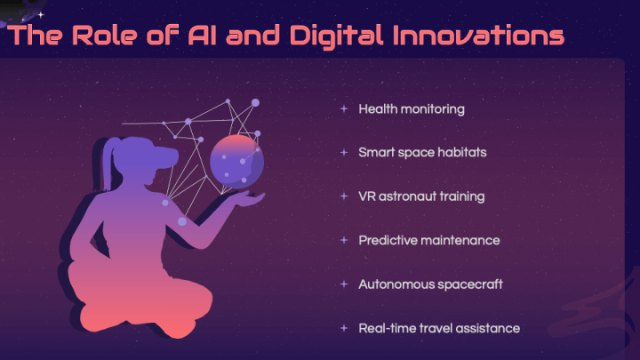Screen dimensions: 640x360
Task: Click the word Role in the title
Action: pos(105,35)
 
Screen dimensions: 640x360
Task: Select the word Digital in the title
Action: pos(337,36)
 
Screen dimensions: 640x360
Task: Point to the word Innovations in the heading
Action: pos(479,35)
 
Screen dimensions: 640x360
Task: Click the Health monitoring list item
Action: pos(412,109)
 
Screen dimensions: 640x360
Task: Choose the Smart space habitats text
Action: pos(422,152)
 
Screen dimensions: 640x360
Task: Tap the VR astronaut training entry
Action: pos(421,196)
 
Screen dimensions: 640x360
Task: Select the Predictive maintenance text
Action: pos(429,240)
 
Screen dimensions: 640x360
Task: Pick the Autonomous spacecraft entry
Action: pos(430,284)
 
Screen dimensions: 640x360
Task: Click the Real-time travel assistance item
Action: pos(439,328)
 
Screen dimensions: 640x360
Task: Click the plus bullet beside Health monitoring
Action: pos(344,109)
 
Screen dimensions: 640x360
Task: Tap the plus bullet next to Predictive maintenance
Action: pos(344,240)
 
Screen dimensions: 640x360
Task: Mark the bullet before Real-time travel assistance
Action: pos(344,328)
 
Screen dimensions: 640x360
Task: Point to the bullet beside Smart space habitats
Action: pos(344,152)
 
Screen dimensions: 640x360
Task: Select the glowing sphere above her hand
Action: pos(236,162)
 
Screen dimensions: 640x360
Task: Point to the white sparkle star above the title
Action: pos(41,15)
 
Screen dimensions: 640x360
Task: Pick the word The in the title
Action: pos(35,35)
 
